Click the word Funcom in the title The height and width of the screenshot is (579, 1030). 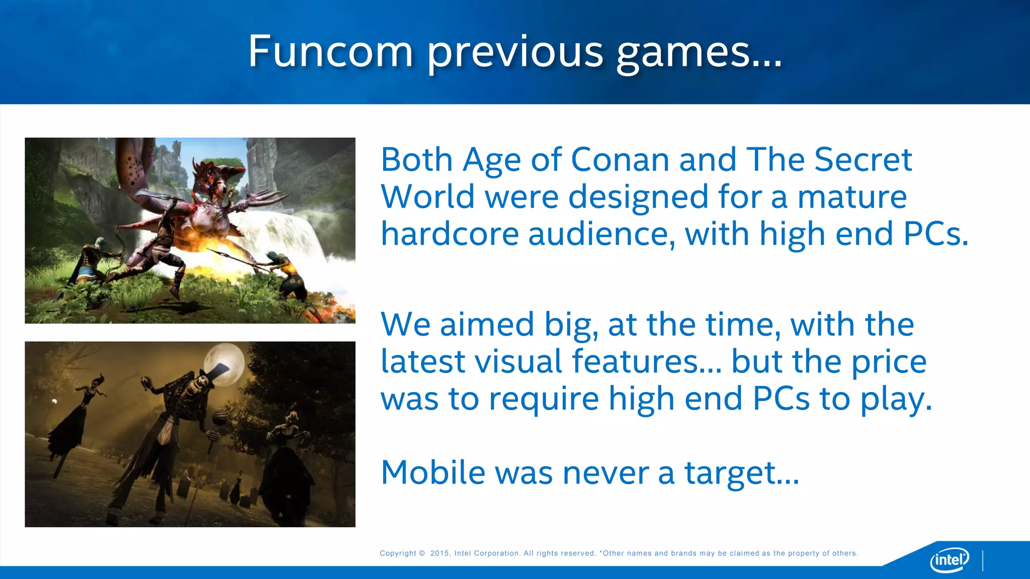(x=330, y=52)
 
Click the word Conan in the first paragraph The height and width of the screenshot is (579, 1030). (x=620, y=160)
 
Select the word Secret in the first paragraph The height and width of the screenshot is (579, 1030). (x=863, y=160)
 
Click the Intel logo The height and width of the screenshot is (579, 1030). (x=949, y=559)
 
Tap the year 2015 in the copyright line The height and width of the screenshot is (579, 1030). (x=440, y=553)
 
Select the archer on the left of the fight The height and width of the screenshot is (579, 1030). (x=96, y=261)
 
